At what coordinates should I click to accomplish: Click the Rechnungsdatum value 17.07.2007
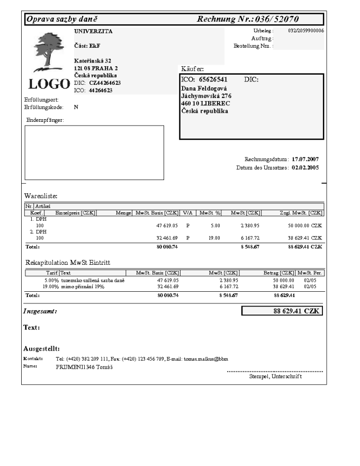[x=305, y=159]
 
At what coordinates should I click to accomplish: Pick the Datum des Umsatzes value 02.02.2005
[x=305, y=168]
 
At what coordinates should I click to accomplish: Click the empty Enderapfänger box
[x=94, y=153]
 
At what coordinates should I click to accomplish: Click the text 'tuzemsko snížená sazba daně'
[x=92, y=280]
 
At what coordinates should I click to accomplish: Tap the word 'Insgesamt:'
[x=40, y=311]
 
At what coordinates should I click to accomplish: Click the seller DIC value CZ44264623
[x=105, y=83]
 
